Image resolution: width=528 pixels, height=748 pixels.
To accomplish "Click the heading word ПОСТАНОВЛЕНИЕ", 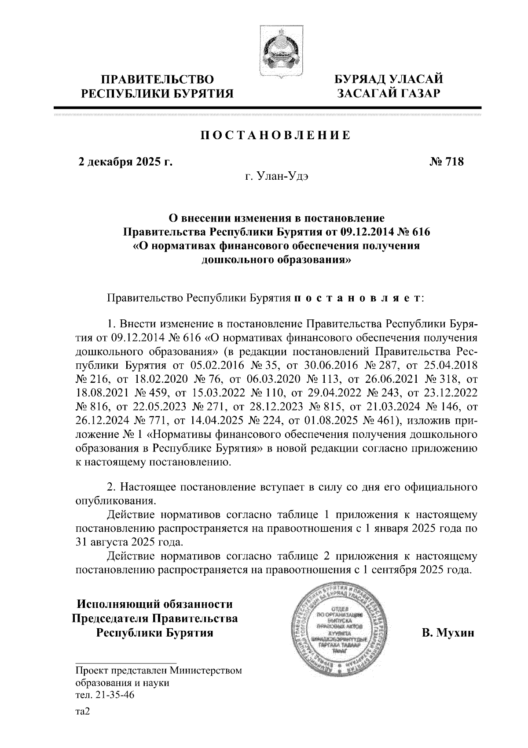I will coord(276,135).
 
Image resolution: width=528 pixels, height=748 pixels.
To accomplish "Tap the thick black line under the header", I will coord(267,107).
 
